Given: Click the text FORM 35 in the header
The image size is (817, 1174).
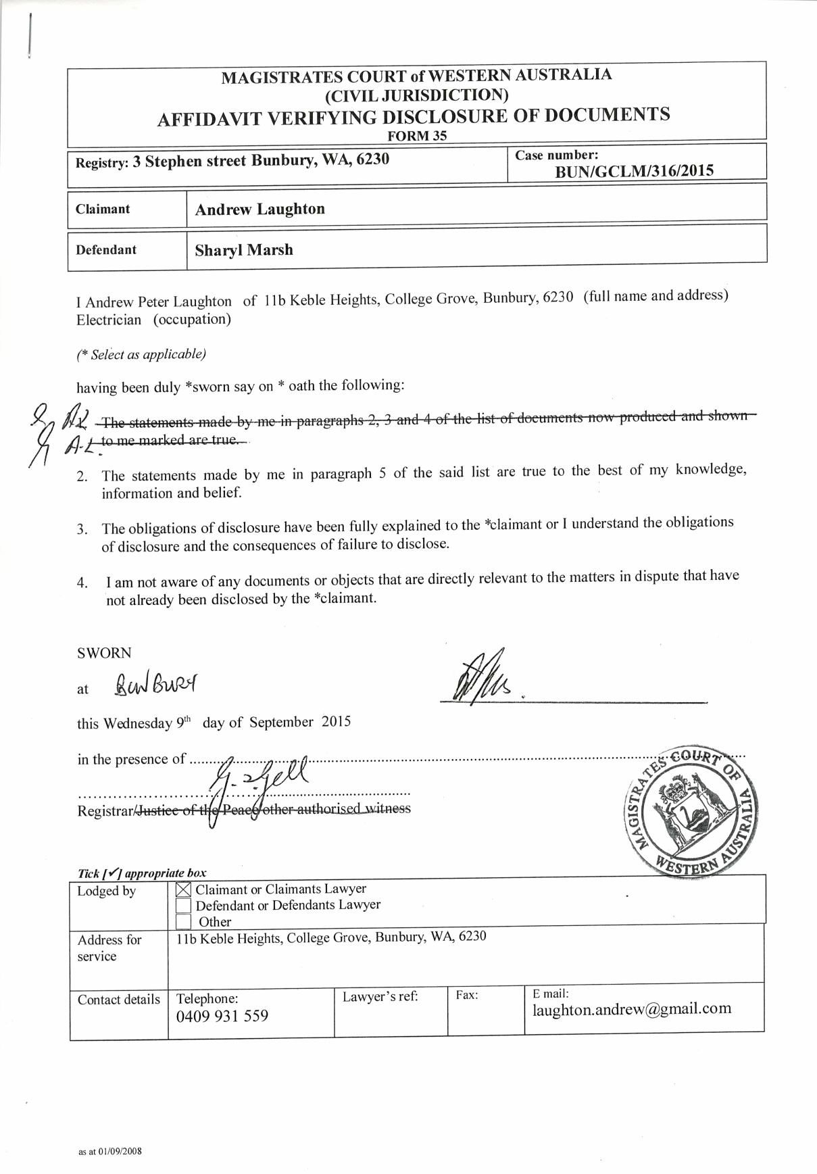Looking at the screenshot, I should (x=417, y=135).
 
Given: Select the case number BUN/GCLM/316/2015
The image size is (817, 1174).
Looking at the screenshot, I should (x=634, y=171).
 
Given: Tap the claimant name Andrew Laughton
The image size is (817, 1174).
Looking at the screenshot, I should (x=260, y=209).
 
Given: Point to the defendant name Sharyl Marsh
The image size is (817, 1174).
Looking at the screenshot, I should (x=244, y=250).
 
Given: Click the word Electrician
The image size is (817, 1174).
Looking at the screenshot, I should (x=109, y=320).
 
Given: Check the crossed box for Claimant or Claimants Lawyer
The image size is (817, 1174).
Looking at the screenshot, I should (x=182, y=889).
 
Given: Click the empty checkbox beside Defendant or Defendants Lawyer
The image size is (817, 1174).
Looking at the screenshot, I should (x=182, y=906).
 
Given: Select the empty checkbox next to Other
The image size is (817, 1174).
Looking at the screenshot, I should (x=182, y=921).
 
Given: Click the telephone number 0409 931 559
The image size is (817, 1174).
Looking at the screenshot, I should (x=222, y=1016).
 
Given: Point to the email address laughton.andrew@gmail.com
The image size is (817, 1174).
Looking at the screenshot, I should (x=632, y=1009).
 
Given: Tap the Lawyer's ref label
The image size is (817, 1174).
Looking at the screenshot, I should (x=380, y=996).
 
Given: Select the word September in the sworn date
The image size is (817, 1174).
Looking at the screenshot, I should (x=281, y=722).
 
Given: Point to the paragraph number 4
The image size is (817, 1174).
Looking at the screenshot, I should (x=82, y=583).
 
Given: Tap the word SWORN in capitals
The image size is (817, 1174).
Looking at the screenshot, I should (x=104, y=653).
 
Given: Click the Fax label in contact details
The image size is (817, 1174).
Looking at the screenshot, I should (x=467, y=995).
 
